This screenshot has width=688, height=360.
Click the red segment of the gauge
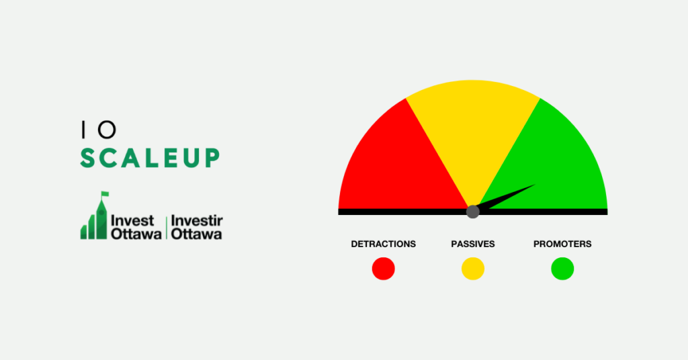[x=395, y=167]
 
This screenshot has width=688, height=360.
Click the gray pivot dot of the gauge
[x=472, y=212]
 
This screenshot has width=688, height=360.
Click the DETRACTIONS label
[x=383, y=244]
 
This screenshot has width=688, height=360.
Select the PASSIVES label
[x=472, y=244]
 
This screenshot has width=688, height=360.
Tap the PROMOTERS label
[x=562, y=244]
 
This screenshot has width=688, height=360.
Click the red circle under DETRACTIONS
[x=383, y=269]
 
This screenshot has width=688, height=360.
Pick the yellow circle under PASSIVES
[x=472, y=269]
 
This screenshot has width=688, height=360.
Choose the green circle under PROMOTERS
[x=562, y=269]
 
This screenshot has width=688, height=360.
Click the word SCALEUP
[x=150, y=158]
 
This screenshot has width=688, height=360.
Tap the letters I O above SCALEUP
[x=99, y=130]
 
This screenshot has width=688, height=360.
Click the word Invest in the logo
[x=132, y=220]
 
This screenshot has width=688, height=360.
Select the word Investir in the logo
[x=197, y=220]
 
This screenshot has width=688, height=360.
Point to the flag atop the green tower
[x=105, y=194]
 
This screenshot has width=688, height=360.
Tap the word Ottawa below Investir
[x=196, y=234]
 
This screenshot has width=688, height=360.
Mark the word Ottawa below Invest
[x=136, y=234]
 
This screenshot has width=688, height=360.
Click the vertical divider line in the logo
[x=167, y=228]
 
